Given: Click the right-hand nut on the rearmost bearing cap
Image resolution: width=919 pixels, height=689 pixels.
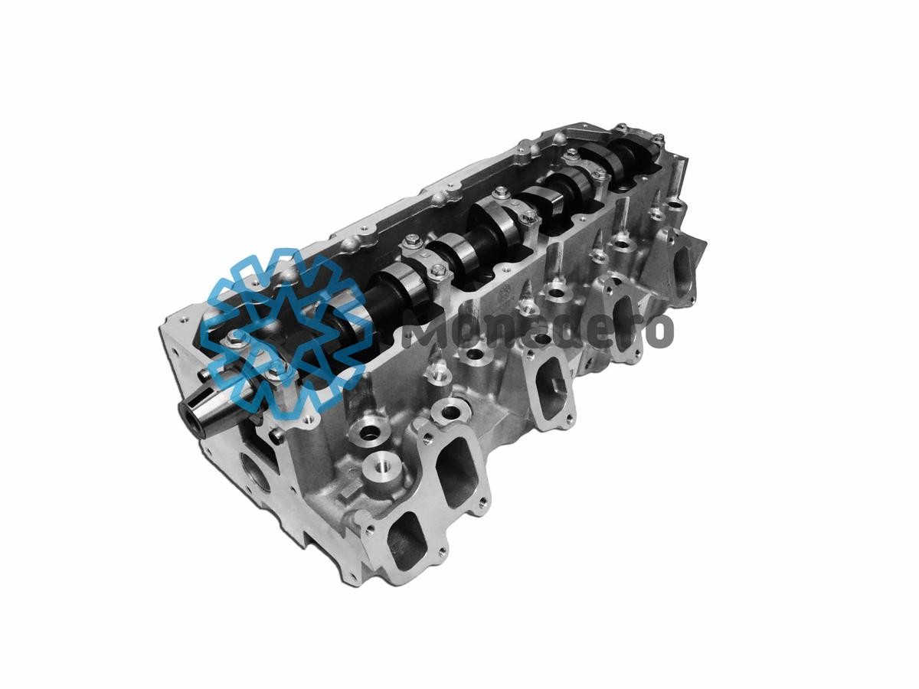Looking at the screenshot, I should [x=657, y=140].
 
